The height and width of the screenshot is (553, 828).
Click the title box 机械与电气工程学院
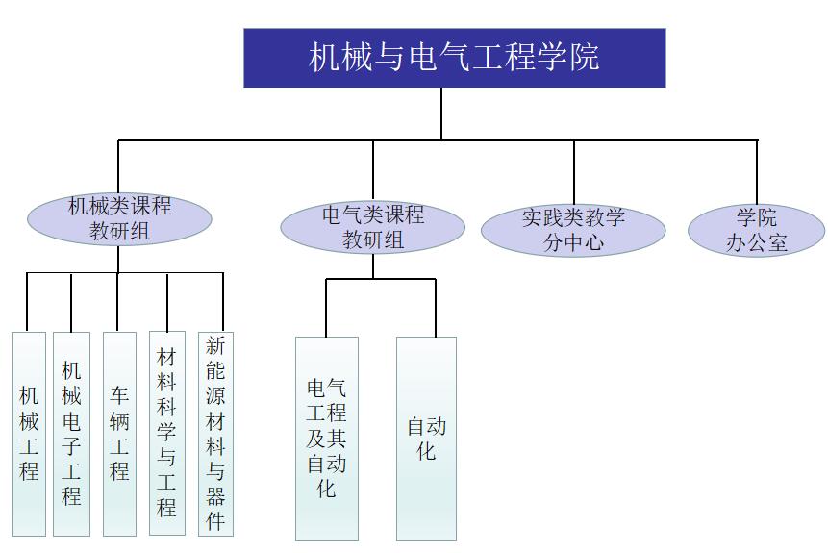click(454, 58)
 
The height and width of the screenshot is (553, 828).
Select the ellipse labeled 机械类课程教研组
click(119, 218)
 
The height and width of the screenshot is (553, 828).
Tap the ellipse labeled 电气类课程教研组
click(372, 227)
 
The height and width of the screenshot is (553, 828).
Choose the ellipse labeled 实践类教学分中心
click(573, 230)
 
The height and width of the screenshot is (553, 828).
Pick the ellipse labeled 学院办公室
click(756, 230)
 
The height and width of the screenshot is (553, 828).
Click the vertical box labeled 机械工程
click(29, 433)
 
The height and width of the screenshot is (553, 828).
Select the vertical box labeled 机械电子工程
click(71, 433)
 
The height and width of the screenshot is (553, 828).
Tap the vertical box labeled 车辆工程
click(119, 433)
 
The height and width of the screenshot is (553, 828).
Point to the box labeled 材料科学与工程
click(167, 433)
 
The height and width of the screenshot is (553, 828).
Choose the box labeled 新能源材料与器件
click(215, 433)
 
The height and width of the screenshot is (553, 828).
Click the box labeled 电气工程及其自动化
click(327, 438)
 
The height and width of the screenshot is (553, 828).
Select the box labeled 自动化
click(426, 438)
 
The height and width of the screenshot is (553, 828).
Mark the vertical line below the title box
click(441, 113)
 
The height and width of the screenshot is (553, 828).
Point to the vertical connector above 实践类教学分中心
click(574, 171)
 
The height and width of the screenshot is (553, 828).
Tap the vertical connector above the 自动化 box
click(436, 308)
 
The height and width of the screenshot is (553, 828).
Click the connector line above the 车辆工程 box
click(117, 302)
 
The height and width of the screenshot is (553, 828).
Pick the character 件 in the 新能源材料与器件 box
click(215, 521)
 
